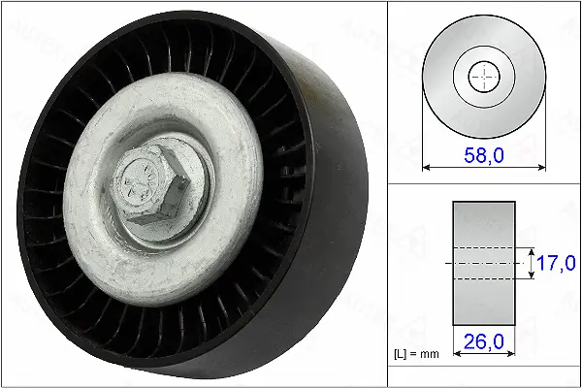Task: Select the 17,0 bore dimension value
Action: tap(556, 263)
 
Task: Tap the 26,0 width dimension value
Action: tap(483, 342)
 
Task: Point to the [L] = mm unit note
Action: tap(415, 355)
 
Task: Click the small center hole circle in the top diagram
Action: tap(484, 78)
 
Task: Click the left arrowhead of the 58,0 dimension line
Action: tap(427, 168)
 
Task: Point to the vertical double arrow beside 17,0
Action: tap(532, 263)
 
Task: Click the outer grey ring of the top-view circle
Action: tap(441, 78)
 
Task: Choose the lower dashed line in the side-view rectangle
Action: tap(484, 279)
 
